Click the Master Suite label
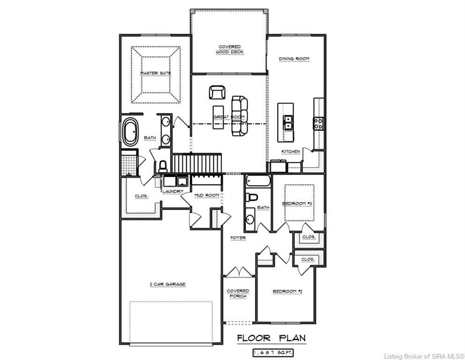coord(155,73)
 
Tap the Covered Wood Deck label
coord(229,49)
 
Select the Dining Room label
coord(294,59)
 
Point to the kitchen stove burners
coord(318,123)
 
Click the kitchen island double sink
coord(288,122)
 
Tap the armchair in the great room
coord(217,92)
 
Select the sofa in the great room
coord(240,116)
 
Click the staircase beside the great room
coord(197,163)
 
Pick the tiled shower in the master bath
coord(130,163)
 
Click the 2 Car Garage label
coord(168,284)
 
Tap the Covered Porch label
coord(238,293)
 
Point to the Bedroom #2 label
coord(288,292)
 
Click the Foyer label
coord(238,238)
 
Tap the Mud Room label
coord(207,195)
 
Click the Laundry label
coord(173,191)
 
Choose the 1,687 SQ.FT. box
coord(273,353)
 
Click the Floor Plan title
coord(271,338)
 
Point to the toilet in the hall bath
coord(251,197)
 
